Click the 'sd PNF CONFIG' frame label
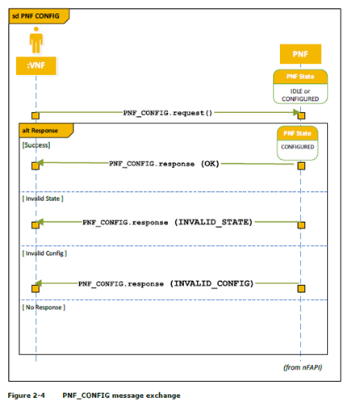[x=36, y=16]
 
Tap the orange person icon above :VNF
[x=36, y=40]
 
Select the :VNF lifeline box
[x=36, y=65]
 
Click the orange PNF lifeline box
[x=300, y=54]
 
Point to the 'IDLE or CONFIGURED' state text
[x=300, y=95]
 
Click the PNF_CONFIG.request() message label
[x=168, y=113]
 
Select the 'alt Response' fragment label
[x=40, y=131]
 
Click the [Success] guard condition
[x=36, y=145]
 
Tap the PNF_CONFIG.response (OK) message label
[x=164, y=164]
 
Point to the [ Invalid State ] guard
[x=43, y=199]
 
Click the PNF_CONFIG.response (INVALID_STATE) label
[x=167, y=222]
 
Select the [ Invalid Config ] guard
[x=44, y=253]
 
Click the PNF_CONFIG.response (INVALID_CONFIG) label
[x=165, y=283]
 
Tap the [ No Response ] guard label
[x=44, y=308]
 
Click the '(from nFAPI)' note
[x=303, y=367]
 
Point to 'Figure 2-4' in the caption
[x=27, y=396]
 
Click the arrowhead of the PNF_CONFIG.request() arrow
[x=296, y=112]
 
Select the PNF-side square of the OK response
[x=301, y=165]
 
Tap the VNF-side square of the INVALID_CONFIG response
[x=36, y=288]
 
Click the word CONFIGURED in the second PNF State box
[x=298, y=147]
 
